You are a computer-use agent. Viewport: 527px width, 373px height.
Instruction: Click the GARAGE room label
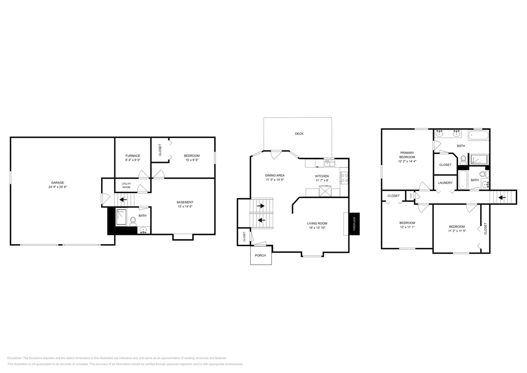coord(58,182)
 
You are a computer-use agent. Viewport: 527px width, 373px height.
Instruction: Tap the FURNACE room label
coord(133,156)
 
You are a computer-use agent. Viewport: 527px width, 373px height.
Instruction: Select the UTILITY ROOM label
coord(126,185)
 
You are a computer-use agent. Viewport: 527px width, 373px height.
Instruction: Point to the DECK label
coord(299,133)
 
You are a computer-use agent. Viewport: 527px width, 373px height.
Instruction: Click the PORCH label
coord(260,255)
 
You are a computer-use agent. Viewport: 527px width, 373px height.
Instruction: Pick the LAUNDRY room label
coord(445,183)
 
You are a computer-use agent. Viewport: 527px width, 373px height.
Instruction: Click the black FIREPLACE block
coord(354,224)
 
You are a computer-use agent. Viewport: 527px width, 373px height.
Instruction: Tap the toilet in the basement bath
coord(133,221)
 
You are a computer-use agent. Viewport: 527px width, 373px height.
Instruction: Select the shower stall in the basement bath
coord(121,217)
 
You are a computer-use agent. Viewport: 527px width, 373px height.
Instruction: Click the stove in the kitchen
coord(344,178)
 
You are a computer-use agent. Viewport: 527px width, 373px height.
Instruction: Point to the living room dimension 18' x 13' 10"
coord(317,228)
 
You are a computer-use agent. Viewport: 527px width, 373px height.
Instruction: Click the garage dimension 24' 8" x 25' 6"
coord(58,187)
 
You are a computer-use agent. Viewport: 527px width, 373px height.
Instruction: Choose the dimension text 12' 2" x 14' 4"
coord(407,161)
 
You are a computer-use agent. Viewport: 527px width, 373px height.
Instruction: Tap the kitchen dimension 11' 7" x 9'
coord(322,180)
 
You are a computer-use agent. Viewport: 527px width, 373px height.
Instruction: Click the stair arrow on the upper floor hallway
coord(502,197)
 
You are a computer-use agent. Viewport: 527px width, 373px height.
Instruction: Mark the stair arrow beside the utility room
coord(123,199)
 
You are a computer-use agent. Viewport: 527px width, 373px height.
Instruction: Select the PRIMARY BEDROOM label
coord(407,155)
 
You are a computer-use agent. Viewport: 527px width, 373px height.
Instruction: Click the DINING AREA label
coord(275,175)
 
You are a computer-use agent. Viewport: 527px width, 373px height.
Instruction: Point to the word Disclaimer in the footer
coord(15,358)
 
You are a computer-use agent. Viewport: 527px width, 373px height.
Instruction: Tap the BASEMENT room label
coord(185,202)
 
